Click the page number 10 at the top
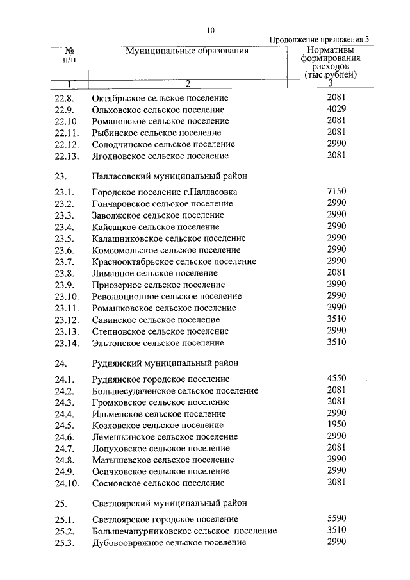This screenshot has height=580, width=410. coord(211,29)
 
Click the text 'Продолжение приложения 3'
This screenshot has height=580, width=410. coord(319,40)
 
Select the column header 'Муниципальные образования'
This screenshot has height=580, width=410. coord(186,51)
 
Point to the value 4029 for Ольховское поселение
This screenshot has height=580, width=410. coord(336,109)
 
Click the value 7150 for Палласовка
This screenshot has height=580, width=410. coord(336,191)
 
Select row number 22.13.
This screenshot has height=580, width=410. coord(67,156)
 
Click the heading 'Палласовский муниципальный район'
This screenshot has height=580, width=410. coord(169,175)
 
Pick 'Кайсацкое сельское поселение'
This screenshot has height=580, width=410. coord(156,227)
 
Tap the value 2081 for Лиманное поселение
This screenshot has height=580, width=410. coord(336,272)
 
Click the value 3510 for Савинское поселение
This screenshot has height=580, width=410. coord(336,319)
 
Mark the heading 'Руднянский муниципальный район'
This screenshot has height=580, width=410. coord(165,363)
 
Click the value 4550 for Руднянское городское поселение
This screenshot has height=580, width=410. coord(336,378)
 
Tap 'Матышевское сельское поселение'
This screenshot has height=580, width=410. coord(163,460)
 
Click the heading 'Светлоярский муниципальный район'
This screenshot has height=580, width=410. coord(169,502)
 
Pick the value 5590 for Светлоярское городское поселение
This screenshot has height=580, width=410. coord(336,518)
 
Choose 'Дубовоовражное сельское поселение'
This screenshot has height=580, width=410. coord(169,543)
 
